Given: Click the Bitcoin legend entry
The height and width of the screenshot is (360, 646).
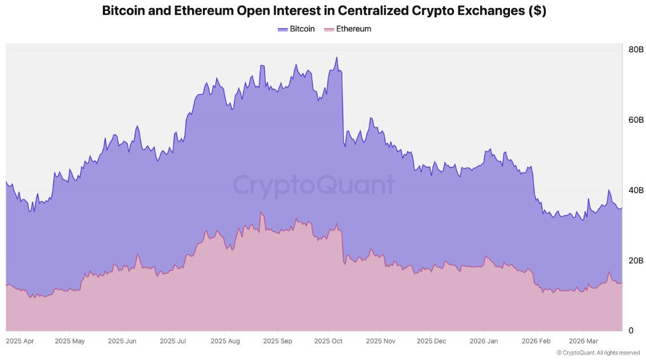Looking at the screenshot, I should [296, 29].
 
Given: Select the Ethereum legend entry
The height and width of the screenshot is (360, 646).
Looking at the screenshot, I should [348, 29].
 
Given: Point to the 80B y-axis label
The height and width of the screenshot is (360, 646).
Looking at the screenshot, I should [636, 49].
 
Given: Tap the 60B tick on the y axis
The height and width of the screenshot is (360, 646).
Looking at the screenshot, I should [636, 120].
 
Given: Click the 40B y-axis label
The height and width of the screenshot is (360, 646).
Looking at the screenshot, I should [636, 190].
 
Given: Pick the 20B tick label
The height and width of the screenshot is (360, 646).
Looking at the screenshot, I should [636, 261].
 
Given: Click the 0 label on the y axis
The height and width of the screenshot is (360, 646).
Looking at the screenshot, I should [631, 331].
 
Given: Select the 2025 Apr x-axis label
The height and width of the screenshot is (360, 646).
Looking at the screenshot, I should [19, 341].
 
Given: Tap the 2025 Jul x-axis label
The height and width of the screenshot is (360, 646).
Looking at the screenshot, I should [174, 341].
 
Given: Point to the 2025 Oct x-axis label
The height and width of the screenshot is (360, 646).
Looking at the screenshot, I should [328, 341].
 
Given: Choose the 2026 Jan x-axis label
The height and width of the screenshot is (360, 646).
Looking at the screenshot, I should [483, 341].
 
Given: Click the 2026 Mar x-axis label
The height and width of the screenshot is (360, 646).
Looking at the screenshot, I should [584, 341].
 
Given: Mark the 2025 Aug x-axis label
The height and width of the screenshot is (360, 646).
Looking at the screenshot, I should [225, 341].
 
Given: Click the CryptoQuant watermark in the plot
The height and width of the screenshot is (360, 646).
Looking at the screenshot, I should [313, 185].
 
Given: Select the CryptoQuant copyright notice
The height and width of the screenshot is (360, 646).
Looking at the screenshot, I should [598, 353].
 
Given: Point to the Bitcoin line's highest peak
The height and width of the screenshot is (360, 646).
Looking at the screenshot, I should [337, 57].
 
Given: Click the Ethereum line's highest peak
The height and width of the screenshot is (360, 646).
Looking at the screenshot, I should [261, 212].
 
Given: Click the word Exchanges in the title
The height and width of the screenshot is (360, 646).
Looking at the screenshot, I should [485, 11].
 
